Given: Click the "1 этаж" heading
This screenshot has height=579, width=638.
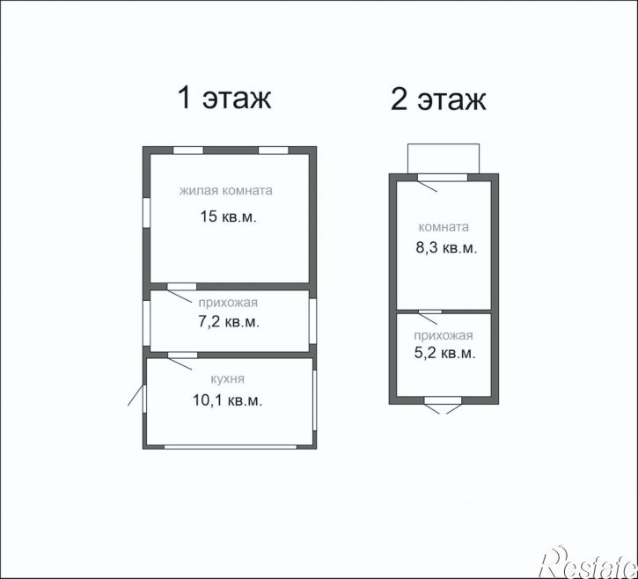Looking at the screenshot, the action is [224, 98].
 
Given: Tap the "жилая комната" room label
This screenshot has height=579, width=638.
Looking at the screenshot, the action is [226, 190].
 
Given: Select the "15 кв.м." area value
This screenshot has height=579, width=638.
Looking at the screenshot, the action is [228, 216].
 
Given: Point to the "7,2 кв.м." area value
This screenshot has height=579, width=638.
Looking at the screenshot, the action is [229, 322].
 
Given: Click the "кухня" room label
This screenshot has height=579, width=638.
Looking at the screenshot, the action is [227, 379].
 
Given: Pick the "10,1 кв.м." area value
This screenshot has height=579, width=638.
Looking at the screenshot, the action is [227, 400].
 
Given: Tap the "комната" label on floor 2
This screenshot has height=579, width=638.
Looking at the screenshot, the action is [444, 227].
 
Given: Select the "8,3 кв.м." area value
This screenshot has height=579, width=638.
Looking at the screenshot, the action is [446, 248].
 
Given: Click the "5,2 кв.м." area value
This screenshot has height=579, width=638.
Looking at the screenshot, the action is [444, 353].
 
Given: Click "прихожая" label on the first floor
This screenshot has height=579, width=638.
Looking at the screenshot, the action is [228, 303].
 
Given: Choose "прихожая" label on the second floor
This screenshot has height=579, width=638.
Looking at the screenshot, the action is [444, 335].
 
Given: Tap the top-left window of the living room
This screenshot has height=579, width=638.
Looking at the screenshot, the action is [188, 150].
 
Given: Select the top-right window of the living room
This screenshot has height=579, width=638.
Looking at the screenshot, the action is [274, 150].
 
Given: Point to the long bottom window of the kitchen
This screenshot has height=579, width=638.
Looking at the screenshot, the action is [231, 447].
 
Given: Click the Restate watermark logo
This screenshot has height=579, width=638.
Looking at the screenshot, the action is [588, 563].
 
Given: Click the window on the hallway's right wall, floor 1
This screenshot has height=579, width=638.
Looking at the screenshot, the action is [312, 321].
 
